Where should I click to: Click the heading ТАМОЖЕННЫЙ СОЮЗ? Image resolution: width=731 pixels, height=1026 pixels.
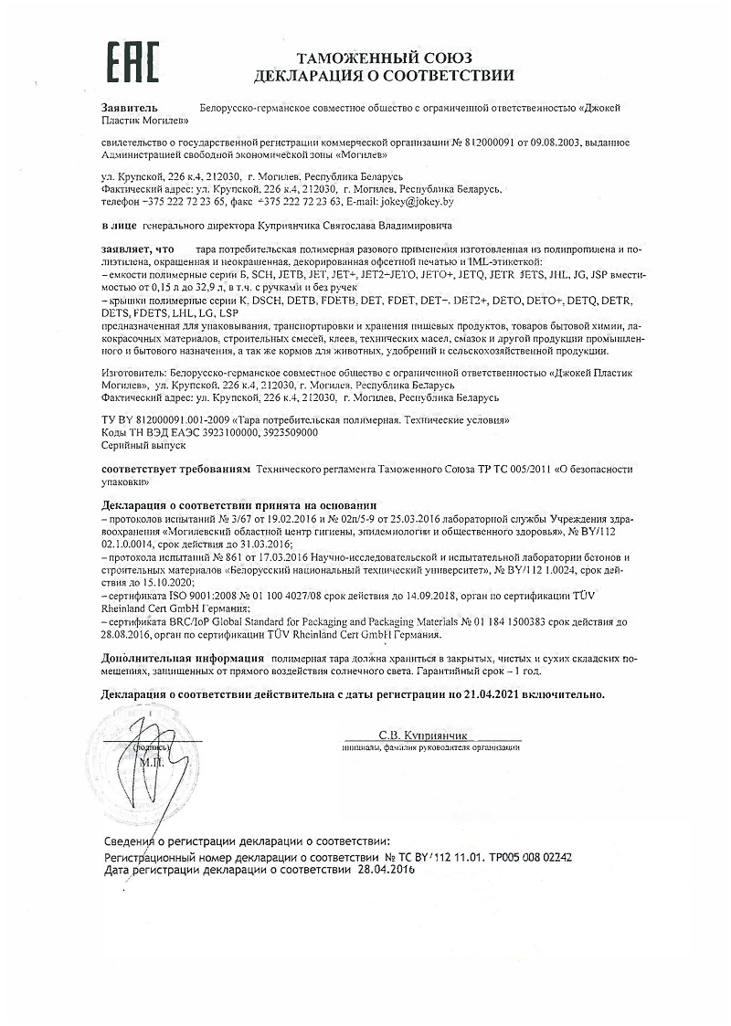coord(384,58)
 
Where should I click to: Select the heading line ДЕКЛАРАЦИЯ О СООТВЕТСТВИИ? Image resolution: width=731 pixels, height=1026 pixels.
coord(384,75)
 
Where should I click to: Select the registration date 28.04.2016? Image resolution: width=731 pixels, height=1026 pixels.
coord(384,871)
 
